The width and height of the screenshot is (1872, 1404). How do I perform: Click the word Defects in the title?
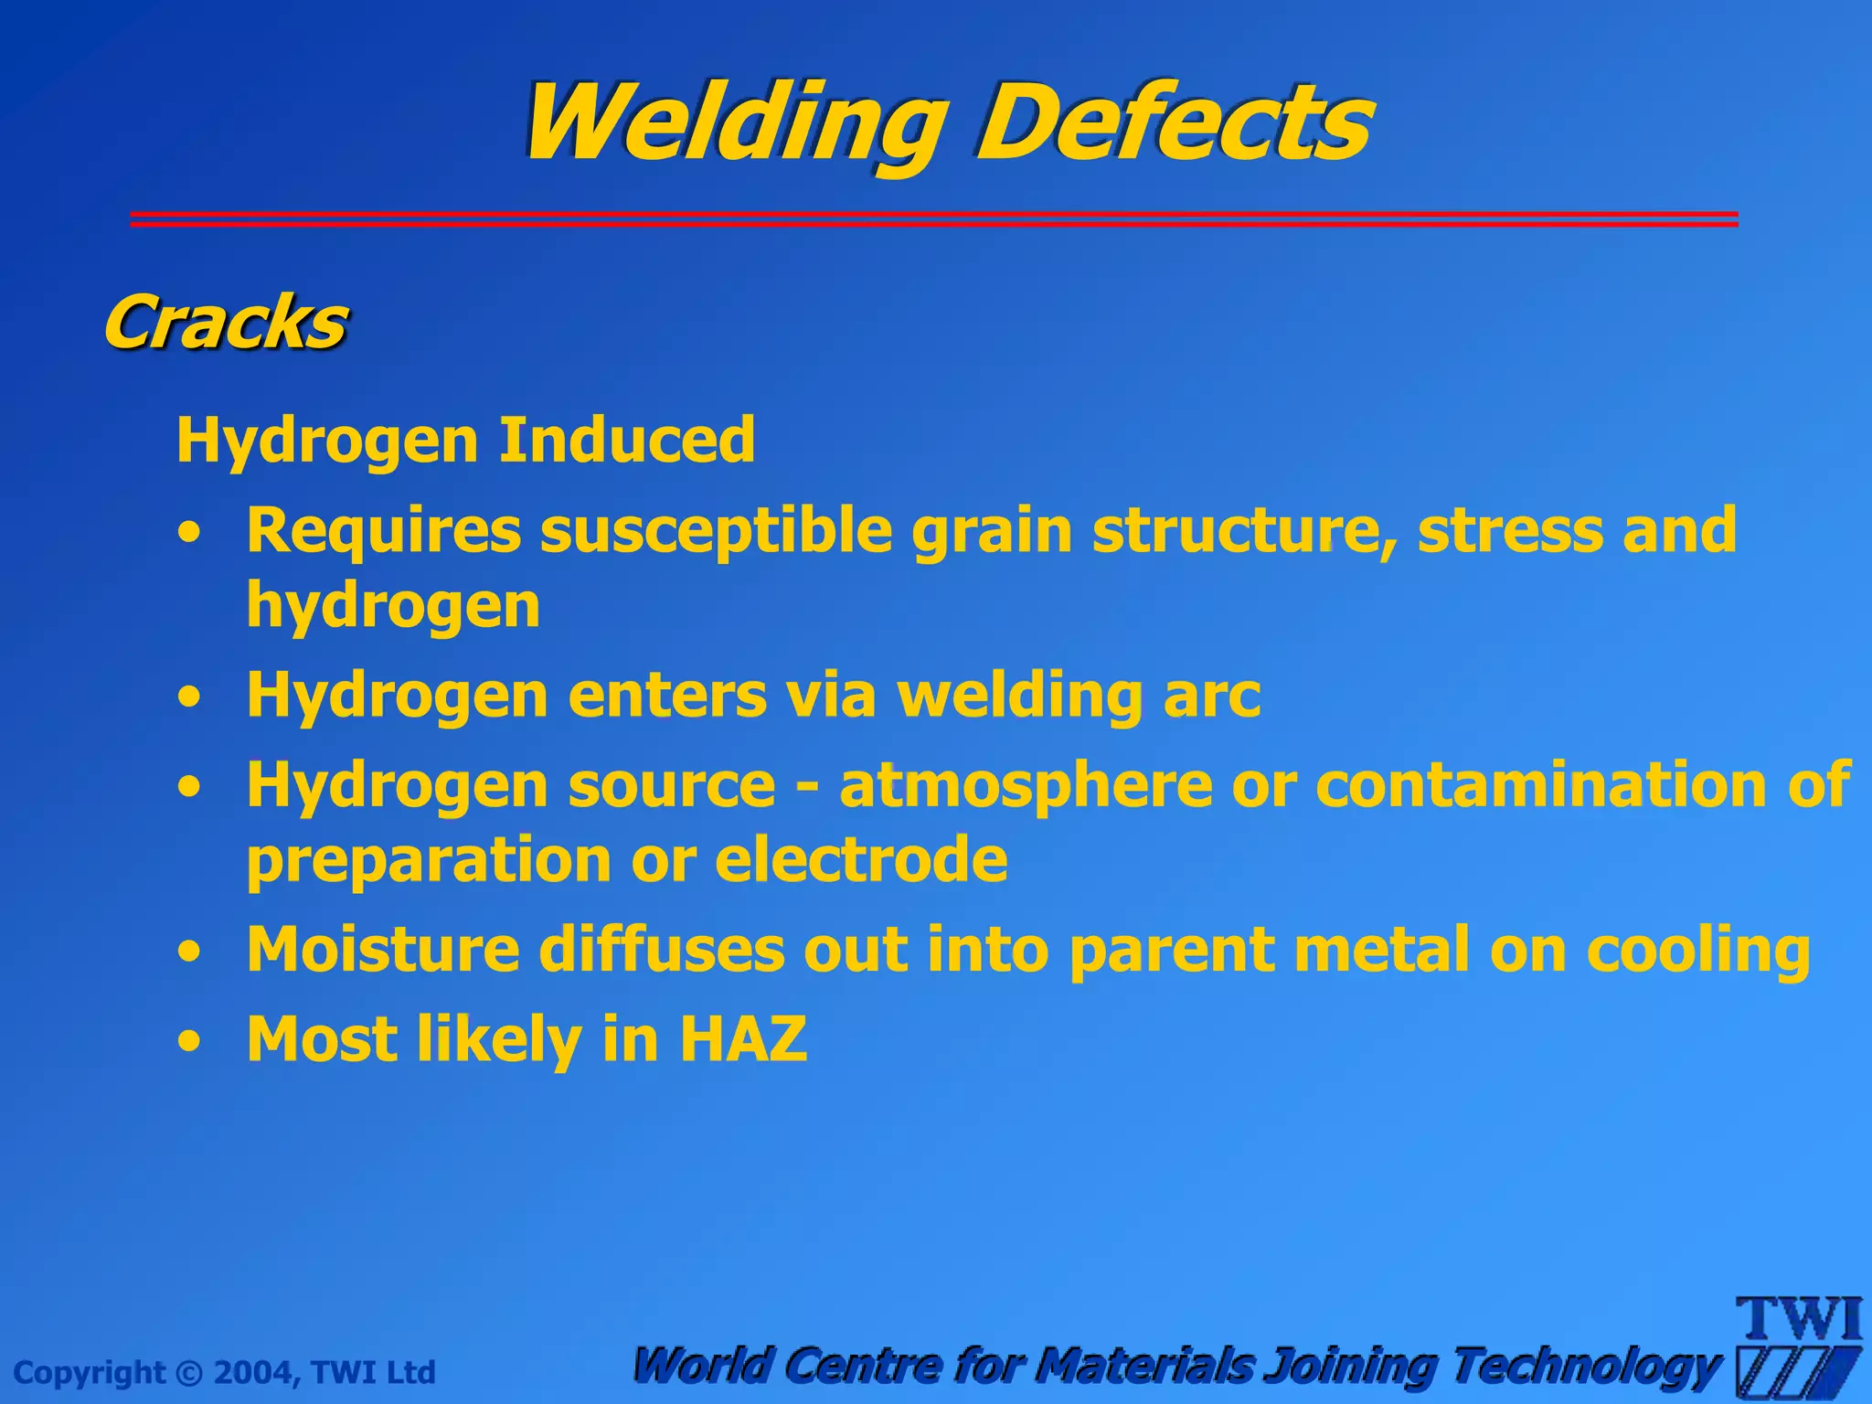coord(1175,123)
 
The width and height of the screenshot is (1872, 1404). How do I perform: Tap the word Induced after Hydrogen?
coord(627,440)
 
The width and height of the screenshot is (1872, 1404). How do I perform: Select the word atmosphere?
coord(1026,785)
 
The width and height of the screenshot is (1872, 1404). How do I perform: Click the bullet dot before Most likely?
coord(189,1041)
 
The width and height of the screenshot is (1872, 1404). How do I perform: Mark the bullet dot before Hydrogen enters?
coord(189,697)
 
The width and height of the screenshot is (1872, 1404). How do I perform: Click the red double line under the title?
coord(932,218)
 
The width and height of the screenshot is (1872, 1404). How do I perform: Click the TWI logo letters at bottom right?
coord(1799,1320)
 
